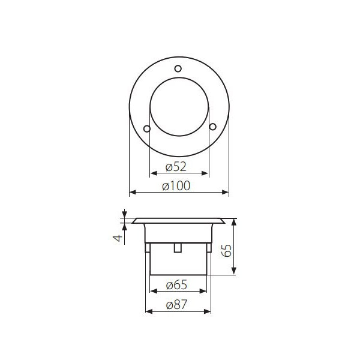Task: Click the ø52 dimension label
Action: pyautogui.click(x=176, y=167)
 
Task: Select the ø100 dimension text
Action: pyautogui.click(x=176, y=186)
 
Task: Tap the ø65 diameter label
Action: pyautogui.click(x=176, y=285)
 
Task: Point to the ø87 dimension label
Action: pyautogui.click(x=176, y=305)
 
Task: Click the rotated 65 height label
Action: pyautogui.click(x=227, y=251)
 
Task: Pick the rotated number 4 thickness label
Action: pyautogui.click(x=118, y=238)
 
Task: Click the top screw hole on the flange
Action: pyautogui.click(x=178, y=68)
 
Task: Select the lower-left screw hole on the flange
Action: pyautogui.click(x=147, y=128)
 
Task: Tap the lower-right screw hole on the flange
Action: pyautogui.click(x=213, y=127)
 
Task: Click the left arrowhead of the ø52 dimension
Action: pyautogui.click(x=153, y=173)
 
